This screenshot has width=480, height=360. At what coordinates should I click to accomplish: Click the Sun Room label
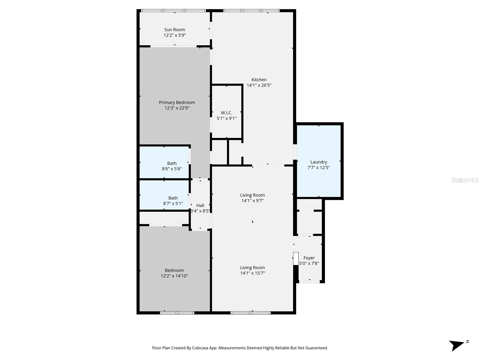pyautogui.click(x=175, y=30)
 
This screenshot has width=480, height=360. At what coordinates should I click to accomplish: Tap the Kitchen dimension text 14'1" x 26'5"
pyautogui.click(x=259, y=85)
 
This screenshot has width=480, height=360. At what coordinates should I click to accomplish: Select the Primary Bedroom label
pyautogui.click(x=177, y=103)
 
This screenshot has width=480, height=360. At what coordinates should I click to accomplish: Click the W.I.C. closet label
pyautogui.click(x=226, y=113)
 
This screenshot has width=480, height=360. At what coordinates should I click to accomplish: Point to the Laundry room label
pyautogui.click(x=319, y=162)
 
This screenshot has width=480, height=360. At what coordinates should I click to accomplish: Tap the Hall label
pyautogui.click(x=200, y=205)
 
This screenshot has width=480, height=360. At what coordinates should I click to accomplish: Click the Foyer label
pyautogui.click(x=309, y=258)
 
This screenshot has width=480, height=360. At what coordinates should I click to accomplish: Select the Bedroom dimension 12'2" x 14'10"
pyautogui.click(x=174, y=276)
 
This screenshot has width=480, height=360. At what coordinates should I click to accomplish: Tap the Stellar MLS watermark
pyautogui.click(x=465, y=180)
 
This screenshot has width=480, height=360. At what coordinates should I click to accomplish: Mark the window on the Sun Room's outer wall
pyautogui.click(x=174, y=11)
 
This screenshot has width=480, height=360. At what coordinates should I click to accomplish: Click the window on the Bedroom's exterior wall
pyautogui.click(x=177, y=313)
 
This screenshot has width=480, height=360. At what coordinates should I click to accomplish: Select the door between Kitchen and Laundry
pyautogui.click(x=295, y=151)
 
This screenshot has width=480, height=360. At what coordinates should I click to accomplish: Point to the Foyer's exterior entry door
pyautogui.click(x=309, y=281)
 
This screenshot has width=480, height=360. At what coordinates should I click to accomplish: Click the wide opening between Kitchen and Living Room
pyautogui.click(x=268, y=165)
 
